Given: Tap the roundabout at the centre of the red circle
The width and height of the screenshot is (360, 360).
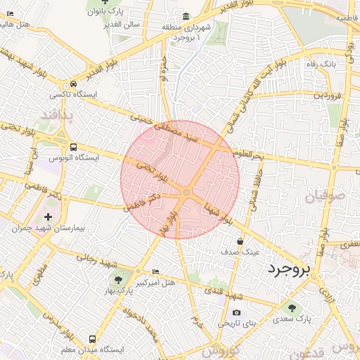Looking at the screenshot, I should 186,192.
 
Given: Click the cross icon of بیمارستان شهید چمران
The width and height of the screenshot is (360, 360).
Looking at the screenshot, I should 48,217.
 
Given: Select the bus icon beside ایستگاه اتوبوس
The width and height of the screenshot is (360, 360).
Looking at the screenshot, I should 74,147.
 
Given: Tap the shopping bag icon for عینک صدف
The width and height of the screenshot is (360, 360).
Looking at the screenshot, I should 240,241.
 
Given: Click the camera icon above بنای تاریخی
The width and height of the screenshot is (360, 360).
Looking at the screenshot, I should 236,313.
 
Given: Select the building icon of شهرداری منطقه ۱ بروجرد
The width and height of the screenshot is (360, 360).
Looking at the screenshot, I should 186,16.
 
